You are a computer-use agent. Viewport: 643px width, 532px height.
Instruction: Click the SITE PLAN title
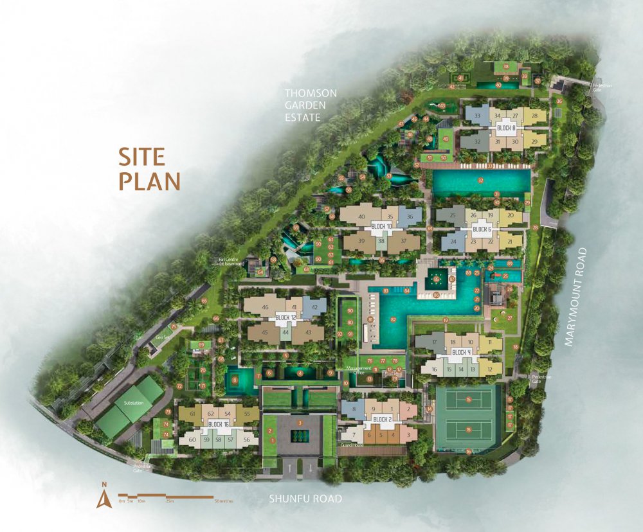(x=149, y=169)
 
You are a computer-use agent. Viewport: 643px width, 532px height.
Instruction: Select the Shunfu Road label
(x=305, y=499)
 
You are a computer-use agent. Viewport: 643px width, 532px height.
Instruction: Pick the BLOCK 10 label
(x=381, y=227)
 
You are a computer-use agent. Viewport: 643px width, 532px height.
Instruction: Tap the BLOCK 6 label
(x=482, y=229)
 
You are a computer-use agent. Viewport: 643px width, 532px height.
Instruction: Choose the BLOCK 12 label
(x=285, y=317)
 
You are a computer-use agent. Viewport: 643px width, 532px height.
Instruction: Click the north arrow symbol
(x=100, y=495)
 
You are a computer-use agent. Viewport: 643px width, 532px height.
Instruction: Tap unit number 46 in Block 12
(x=265, y=308)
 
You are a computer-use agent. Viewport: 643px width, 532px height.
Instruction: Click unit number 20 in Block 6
(x=510, y=216)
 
